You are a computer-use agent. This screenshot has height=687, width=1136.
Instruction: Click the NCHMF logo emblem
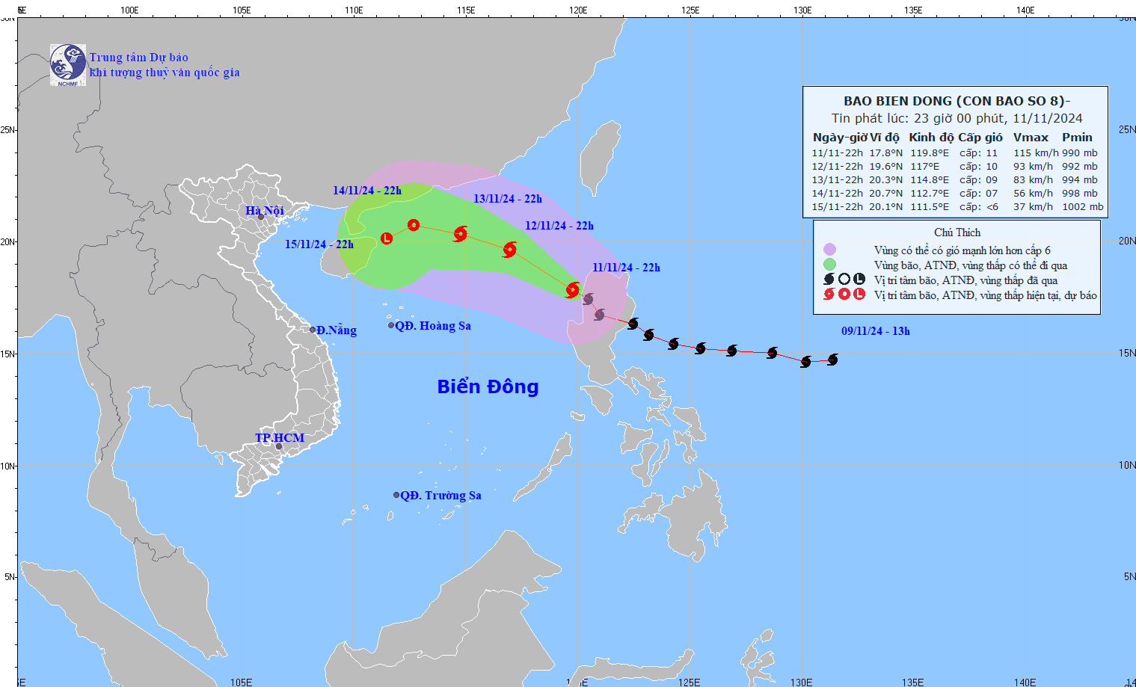tap(67, 64)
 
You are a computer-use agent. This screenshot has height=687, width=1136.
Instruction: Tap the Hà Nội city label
tap(264, 211)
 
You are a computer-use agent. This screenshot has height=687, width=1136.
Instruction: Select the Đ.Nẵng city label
tap(336, 330)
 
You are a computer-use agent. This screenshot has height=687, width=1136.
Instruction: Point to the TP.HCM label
tap(280, 438)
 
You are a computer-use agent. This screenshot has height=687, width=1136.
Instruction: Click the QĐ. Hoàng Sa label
tap(432, 326)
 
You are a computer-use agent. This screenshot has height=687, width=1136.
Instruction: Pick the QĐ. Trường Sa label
tap(440, 496)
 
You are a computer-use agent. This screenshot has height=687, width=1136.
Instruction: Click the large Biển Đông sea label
tap(488, 386)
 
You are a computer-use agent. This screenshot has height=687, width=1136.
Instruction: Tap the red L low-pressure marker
tap(387, 238)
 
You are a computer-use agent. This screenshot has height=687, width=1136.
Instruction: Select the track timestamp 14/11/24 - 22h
tap(367, 191)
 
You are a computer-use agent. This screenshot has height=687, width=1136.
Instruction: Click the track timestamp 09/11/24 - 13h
tap(875, 331)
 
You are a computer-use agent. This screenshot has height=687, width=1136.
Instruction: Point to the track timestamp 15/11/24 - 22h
tap(319, 244)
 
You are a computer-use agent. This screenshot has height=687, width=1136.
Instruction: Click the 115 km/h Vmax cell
tap(1035, 153)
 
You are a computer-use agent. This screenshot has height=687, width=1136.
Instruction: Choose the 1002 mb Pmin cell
tap(1082, 207)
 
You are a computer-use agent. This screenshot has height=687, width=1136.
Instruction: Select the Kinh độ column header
tap(931, 138)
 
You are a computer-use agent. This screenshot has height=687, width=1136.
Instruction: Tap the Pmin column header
tap(1077, 138)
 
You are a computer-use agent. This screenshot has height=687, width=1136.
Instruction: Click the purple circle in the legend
tap(829, 250)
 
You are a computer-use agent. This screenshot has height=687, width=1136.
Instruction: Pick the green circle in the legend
tap(829, 265)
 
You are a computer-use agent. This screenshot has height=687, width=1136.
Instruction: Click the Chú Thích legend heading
tap(957, 232)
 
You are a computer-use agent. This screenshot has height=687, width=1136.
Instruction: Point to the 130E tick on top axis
tap(802, 10)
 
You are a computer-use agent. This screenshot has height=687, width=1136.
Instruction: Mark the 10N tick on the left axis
tap(7, 466)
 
